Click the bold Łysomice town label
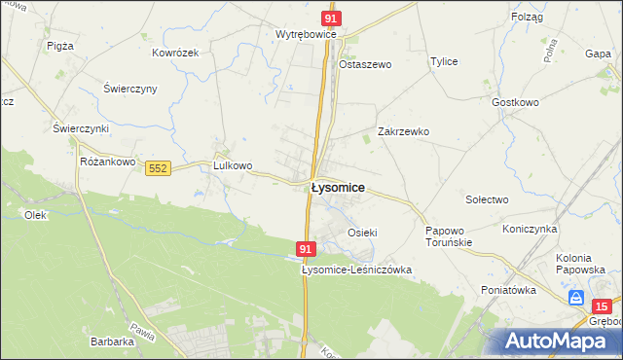point(337,190)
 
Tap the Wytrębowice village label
point(306,34)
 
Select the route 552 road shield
point(159,168)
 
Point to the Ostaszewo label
point(364,64)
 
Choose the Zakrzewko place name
point(403,131)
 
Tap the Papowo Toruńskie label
point(449,236)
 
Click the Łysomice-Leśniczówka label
point(357,270)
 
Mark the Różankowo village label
point(107,162)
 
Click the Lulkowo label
point(233,165)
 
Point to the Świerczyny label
point(129,89)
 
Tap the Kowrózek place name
point(175,53)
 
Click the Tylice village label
point(444,61)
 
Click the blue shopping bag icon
point(577,298)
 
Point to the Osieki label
point(362,233)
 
